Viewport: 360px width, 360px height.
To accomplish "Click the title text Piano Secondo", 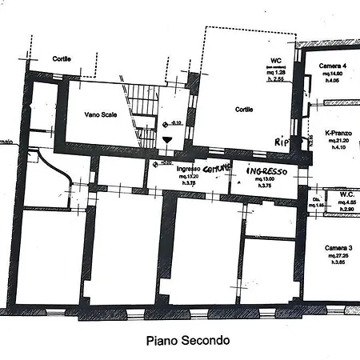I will (x=189, y=340).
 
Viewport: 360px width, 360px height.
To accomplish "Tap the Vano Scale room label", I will (x=102, y=114).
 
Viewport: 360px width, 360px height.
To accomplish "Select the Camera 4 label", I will (x=333, y=65).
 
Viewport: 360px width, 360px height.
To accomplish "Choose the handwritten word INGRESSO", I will (x=266, y=171).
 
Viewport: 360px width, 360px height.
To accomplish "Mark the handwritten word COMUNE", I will (x=217, y=170).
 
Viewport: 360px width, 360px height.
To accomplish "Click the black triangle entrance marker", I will (x=166, y=139).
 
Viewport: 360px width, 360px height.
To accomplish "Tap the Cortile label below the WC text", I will (x=244, y=110).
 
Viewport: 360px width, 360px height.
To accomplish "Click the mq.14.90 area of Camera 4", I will (x=333, y=72).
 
